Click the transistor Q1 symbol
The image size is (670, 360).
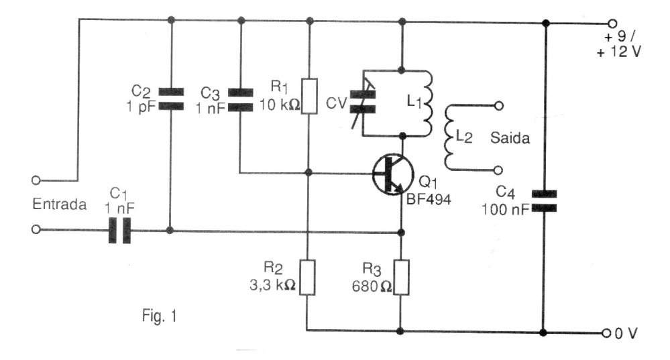click(x=393, y=174)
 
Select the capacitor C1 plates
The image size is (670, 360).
click(x=119, y=230)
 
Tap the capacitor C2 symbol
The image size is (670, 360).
click(x=171, y=99)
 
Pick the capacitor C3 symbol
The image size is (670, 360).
click(x=240, y=99)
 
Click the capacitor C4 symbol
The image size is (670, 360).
click(x=544, y=201)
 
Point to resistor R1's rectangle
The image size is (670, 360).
click(x=309, y=96)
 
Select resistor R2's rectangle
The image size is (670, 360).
click(x=307, y=277)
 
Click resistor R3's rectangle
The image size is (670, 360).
click(x=401, y=277)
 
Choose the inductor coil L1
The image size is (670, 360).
click(x=427, y=103)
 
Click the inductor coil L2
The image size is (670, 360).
click(x=449, y=137)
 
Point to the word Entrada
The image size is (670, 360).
click(x=60, y=204)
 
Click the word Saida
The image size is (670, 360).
click(x=510, y=138)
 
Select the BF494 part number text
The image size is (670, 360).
click(x=428, y=199)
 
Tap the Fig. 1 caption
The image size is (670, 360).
click(x=159, y=316)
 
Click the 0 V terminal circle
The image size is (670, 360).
click(x=606, y=333)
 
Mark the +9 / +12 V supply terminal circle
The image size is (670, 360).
click(x=612, y=23)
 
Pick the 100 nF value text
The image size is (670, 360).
click(x=506, y=210)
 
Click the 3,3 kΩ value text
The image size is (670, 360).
click(x=272, y=285)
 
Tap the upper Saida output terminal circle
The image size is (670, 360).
click(x=498, y=105)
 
